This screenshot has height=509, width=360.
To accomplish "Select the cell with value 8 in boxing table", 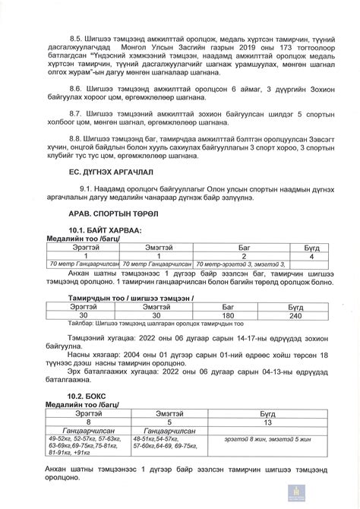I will (88, 422).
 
